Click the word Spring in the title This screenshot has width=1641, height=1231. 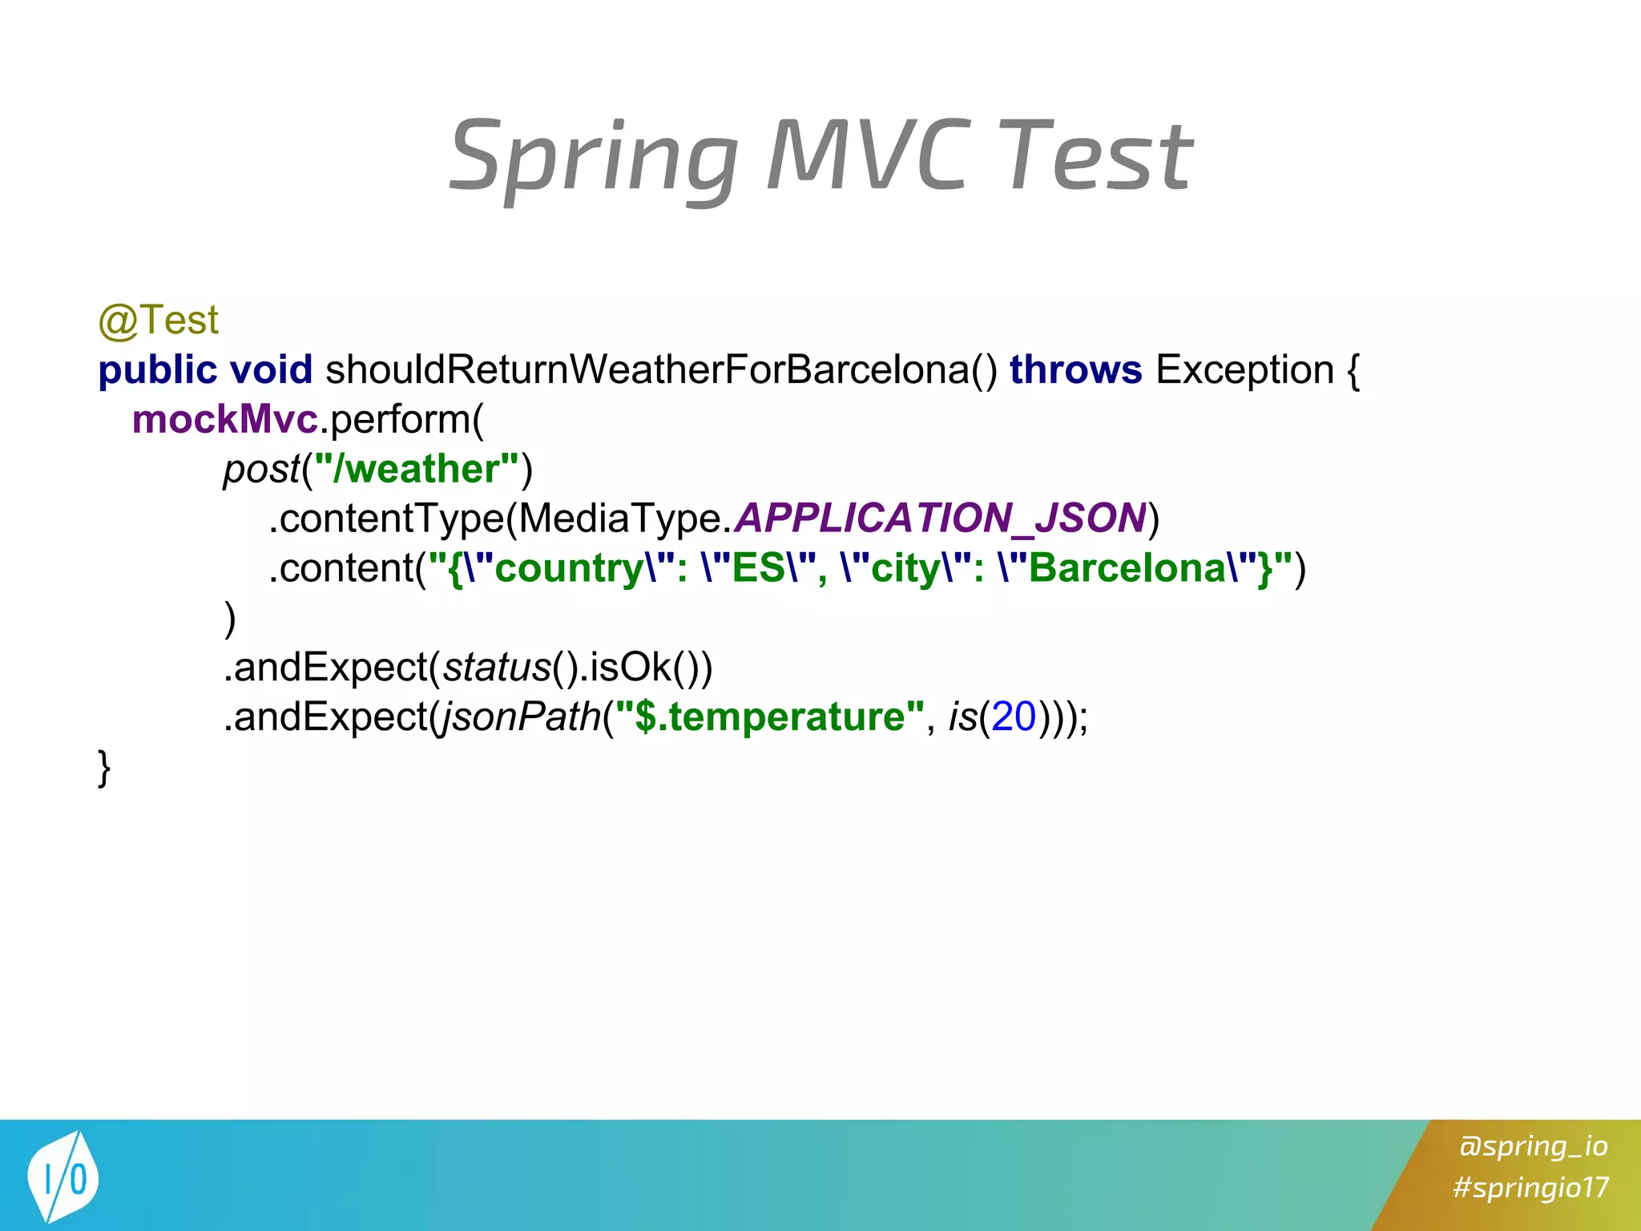pos(593,156)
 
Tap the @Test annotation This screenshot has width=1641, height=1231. pos(158,321)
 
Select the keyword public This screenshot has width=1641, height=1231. pos(157,370)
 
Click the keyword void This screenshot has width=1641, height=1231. pos(271,370)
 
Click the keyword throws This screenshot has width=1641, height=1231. pos(1075,370)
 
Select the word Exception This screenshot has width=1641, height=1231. pos(1244,370)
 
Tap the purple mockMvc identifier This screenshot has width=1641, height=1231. pos(224,420)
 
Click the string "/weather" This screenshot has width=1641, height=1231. pos(417,470)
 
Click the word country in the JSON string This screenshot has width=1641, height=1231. pos(569,569)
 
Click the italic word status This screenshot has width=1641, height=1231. pos(497,668)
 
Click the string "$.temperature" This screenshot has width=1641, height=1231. pos(769,717)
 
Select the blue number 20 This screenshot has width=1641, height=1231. pos(1014,717)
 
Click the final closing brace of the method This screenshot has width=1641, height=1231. pos(104,768)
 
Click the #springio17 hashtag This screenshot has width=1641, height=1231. pos(1530,1187)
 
